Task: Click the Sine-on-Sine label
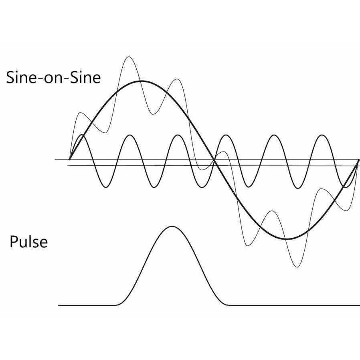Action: coord(53,77)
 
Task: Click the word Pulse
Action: coord(29,242)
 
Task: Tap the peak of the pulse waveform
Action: coord(172,227)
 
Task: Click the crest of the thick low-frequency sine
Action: coord(141,81)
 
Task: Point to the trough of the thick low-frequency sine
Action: coord(286,239)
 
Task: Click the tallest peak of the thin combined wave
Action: coord(129,57)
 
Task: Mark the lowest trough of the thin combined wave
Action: coord(297,267)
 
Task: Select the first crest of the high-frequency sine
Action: coord(82,135)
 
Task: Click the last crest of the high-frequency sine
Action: coord(322,135)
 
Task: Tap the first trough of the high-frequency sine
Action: coord(105,187)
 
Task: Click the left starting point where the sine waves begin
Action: coord(70,159)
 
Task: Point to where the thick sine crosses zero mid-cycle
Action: coord(214,159)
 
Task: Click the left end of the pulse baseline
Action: coord(59,305)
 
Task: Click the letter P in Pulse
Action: coord(14,242)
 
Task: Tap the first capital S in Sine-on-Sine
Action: coord(10,78)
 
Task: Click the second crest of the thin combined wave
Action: coord(177,79)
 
